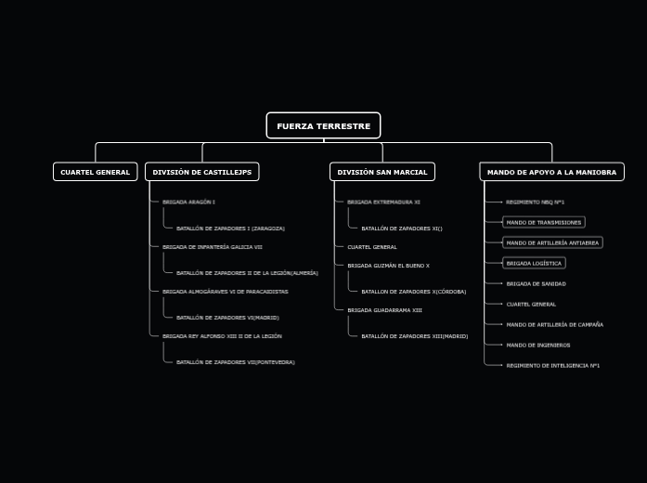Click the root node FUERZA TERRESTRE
tap(323, 125)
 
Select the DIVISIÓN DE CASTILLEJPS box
tap(201, 172)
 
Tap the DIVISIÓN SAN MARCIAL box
tap(382, 172)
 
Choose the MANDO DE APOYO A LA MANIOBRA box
tap(551, 172)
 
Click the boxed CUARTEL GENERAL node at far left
tap(95, 172)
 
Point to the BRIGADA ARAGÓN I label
tap(188, 202)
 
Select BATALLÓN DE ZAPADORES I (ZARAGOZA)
tap(230, 228)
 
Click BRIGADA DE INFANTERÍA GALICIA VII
tap(212, 247)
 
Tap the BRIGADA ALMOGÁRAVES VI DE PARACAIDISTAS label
tap(225, 292)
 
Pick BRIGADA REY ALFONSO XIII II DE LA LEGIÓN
tap(222, 336)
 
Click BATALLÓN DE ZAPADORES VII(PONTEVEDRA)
tap(235, 362)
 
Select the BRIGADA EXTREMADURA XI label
tap(383, 202)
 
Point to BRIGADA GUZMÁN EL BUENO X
tap(388, 266)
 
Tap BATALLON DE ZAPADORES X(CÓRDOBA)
tap(413, 292)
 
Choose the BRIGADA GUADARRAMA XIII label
tap(384, 310)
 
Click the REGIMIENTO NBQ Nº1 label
tap(535, 202)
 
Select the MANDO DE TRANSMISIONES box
tap(543, 222)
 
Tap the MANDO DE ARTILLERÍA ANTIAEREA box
tap(552, 242)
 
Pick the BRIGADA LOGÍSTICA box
tap(534, 263)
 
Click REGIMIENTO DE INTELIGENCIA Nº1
tap(552, 365)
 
